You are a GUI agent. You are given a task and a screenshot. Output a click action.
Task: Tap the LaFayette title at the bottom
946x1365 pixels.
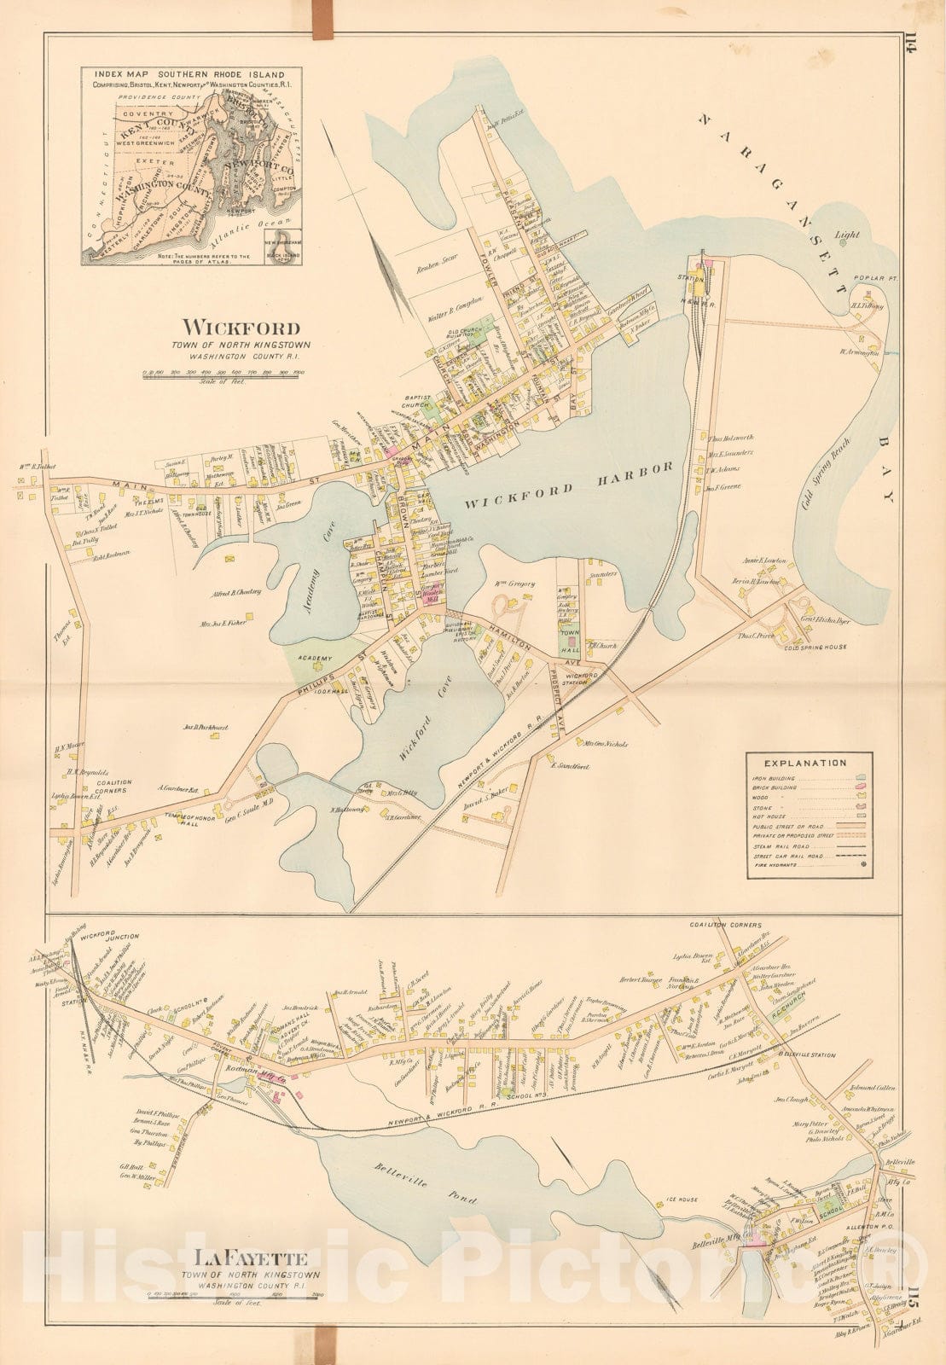coord(241,1257)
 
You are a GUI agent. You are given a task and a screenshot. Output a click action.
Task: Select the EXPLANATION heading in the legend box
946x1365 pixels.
coord(805,763)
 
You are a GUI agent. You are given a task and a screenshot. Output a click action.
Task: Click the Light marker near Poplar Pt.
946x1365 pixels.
coord(842,241)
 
